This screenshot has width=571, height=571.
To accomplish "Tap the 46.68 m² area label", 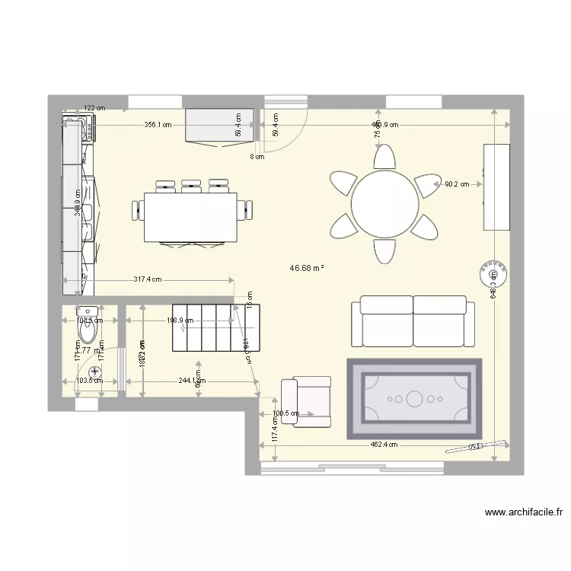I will pos(308,268).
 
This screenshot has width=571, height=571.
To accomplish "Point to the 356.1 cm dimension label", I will pos(158,125).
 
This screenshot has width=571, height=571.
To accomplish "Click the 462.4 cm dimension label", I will pos(384,445).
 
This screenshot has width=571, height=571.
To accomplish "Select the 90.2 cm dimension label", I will pos(458,183).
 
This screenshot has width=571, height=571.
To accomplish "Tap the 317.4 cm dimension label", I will pos(148,279).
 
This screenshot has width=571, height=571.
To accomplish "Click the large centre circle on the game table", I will pos(414,398).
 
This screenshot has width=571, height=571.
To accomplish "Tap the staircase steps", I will pos(217,327).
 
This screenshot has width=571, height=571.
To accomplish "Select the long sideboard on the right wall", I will pos(496,187).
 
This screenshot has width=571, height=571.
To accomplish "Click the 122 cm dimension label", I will pos(94,109).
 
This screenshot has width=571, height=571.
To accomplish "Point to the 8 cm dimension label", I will pos(257,157).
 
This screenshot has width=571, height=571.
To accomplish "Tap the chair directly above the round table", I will pos(384,158).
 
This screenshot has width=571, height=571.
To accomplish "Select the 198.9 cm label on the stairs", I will pos(180,321).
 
